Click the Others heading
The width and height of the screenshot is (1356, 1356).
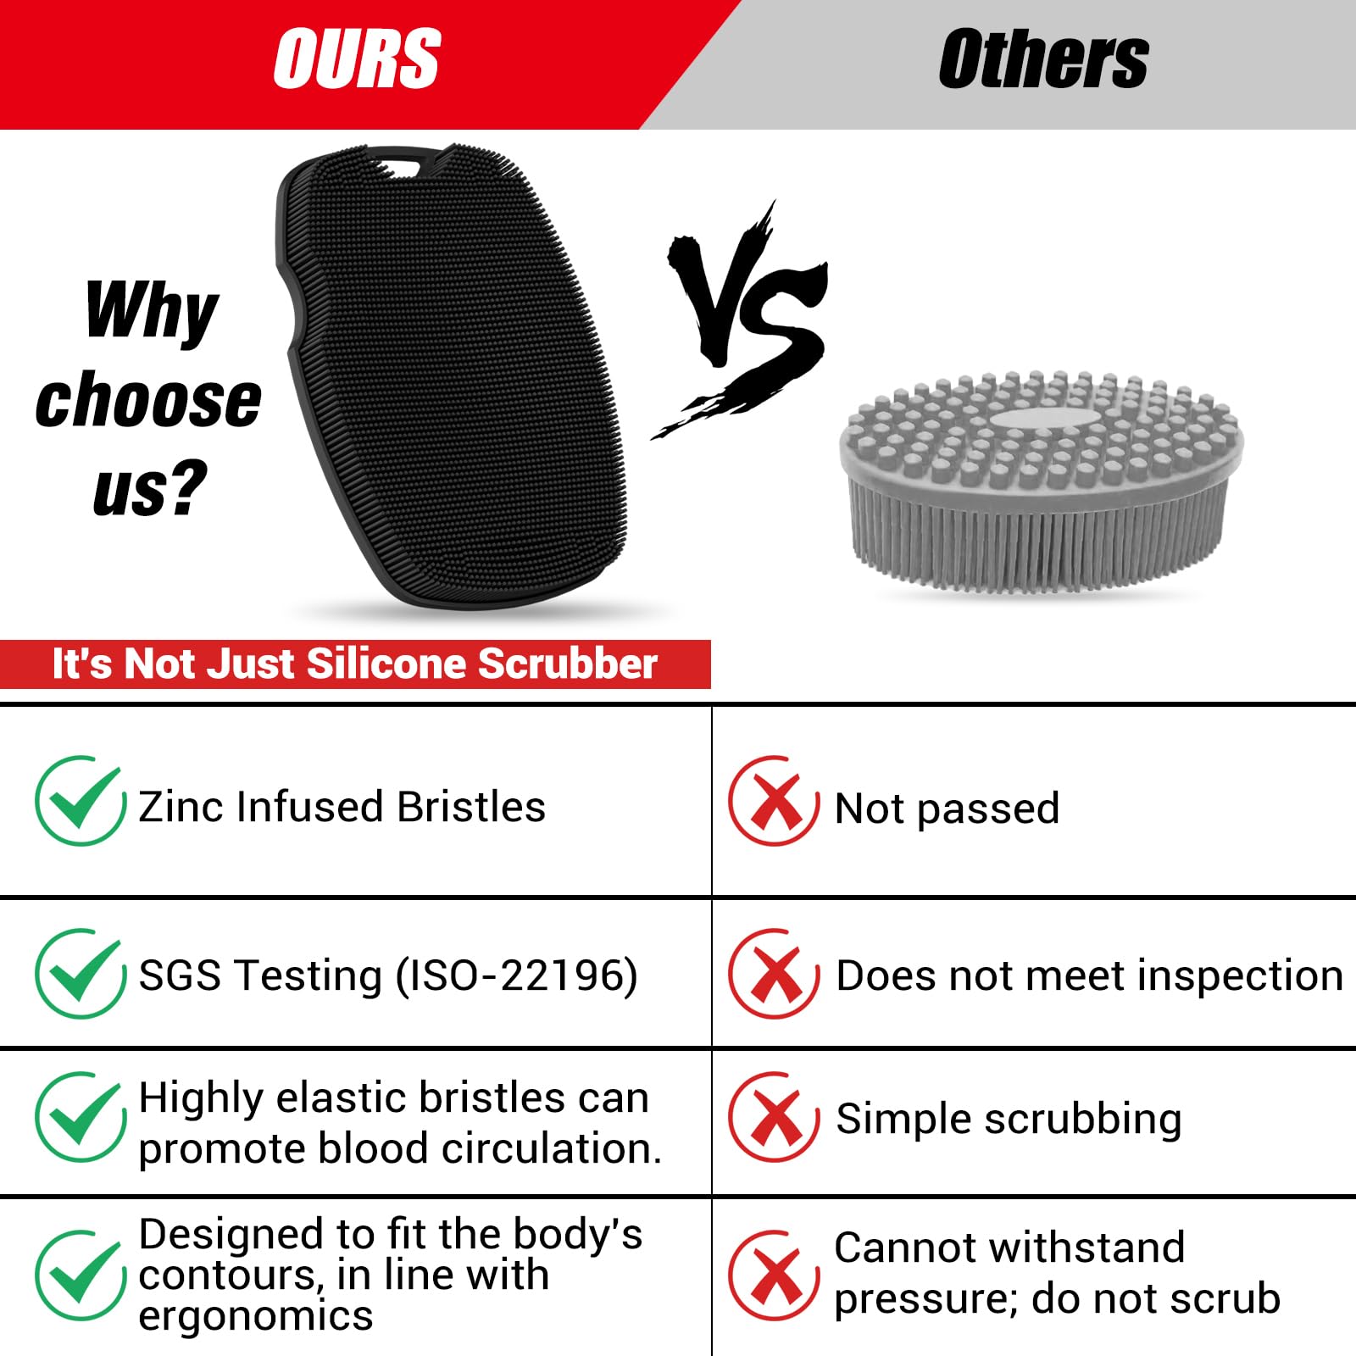1043,59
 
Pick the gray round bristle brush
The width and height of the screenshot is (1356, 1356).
1042,483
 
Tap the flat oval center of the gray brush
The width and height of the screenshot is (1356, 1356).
1039,421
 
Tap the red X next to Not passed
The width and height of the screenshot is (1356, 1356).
774,801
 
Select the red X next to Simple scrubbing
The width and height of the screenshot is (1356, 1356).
774,1117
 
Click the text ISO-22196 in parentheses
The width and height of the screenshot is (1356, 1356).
517,975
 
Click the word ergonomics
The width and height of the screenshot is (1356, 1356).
255,1316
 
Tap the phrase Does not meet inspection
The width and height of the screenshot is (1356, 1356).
1089,975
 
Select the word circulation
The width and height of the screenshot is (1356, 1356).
551,1148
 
